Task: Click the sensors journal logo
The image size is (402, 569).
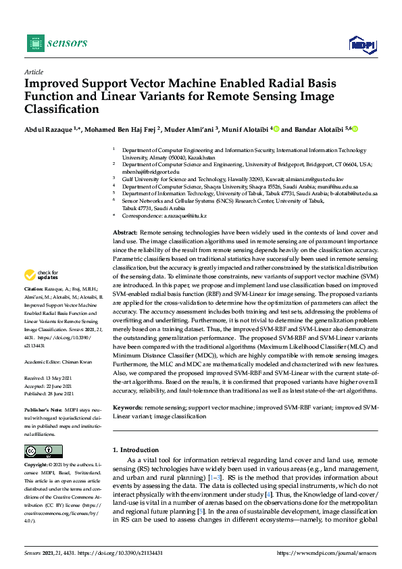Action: coord(57,43)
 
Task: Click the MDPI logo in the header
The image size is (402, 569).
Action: coord(361,45)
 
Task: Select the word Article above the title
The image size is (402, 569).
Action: coord(33,72)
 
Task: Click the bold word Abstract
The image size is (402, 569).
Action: coord(125,232)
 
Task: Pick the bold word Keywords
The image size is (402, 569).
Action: coord(128,407)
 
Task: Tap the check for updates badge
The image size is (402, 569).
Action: coord(41,275)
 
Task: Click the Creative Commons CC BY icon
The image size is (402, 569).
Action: coord(43,451)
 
